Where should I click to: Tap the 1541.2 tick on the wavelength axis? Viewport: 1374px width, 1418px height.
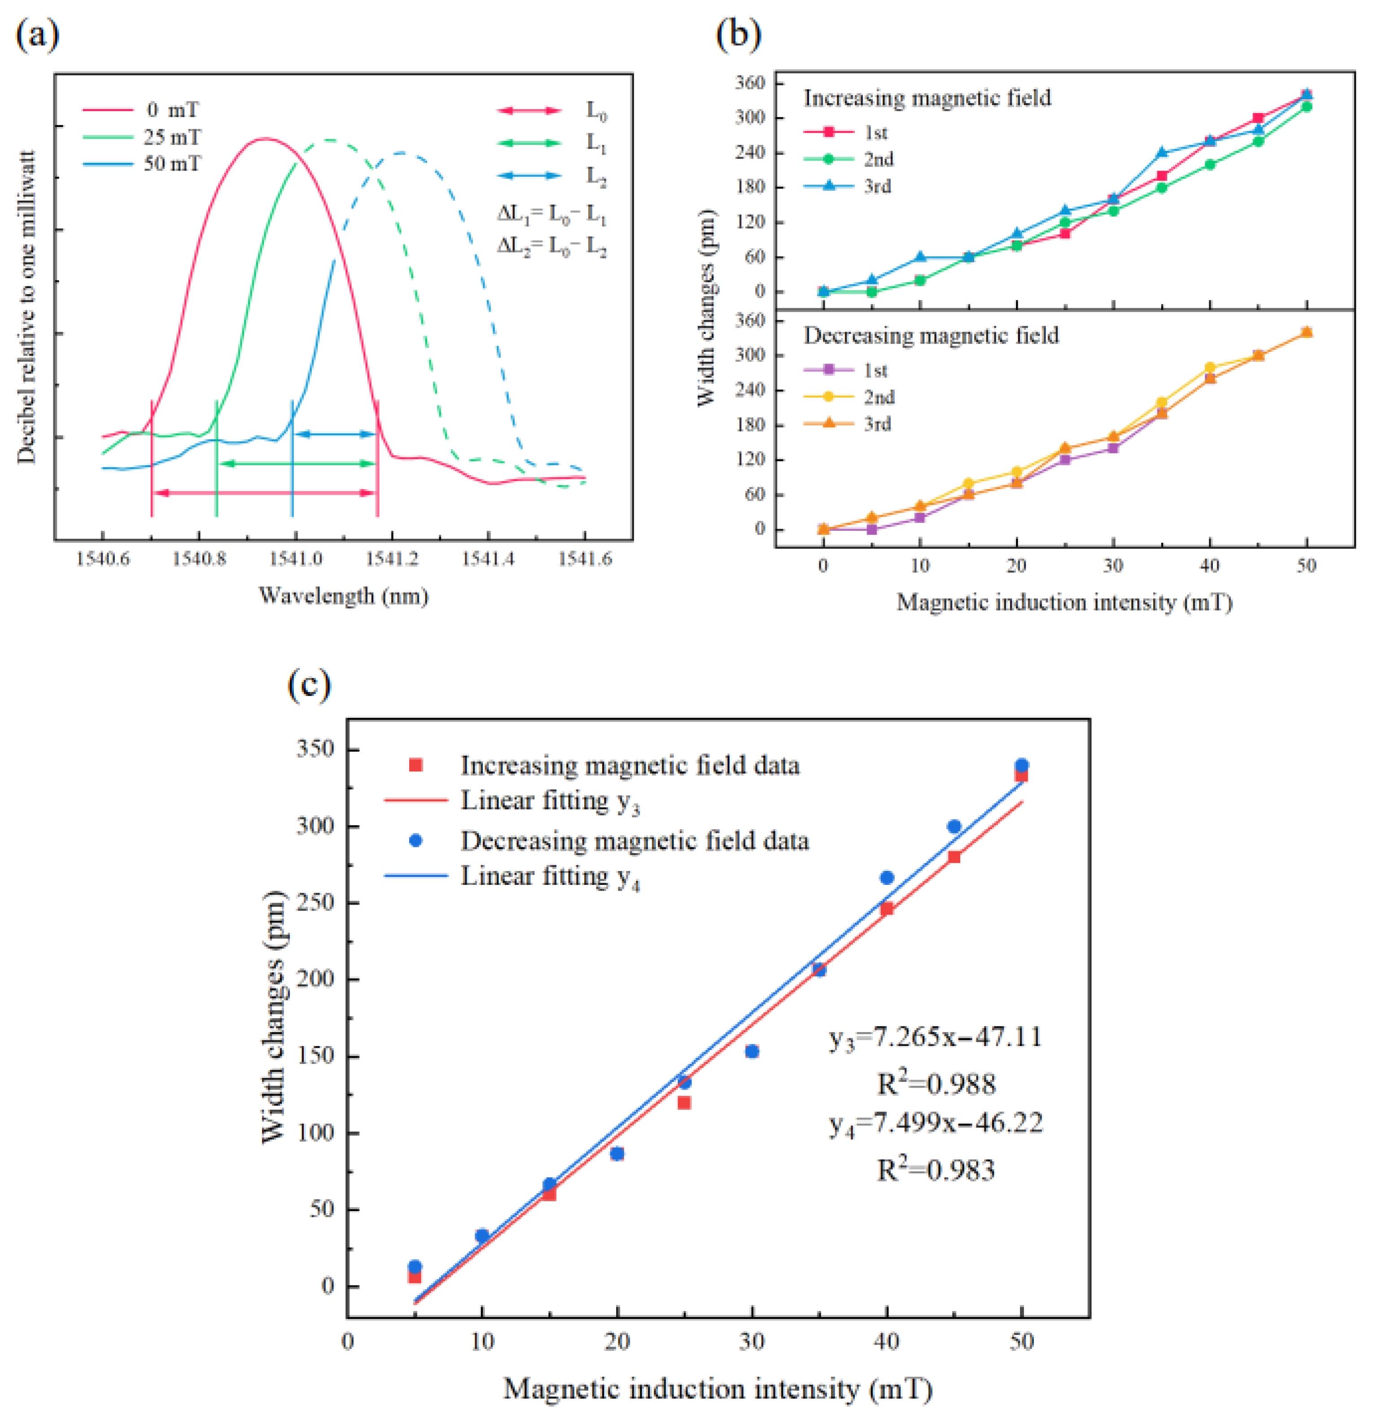pos(392,559)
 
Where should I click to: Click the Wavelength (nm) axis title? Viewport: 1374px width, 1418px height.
pos(344,596)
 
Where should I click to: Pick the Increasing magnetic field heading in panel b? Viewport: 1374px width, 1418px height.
pos(927,98)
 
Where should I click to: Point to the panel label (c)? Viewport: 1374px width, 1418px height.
pos(309,683)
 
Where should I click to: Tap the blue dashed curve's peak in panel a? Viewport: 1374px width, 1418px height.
pos(400,153)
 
